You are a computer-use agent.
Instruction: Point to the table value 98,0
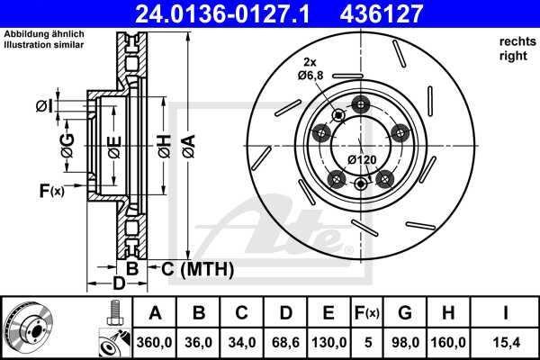click(405, 342)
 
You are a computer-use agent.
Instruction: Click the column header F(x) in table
click(369, 314)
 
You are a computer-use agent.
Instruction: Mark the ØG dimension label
click(66, 141)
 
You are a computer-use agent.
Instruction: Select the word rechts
click(515, 42)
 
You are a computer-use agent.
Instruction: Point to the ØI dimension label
click(43, 107)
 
